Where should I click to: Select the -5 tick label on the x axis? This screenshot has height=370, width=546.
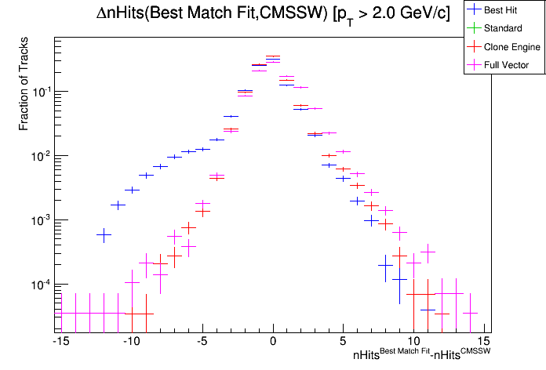tap(201, 341)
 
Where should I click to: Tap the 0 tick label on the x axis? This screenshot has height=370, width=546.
tap(273, 341)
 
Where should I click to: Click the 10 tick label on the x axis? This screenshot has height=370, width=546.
tap(413, 341)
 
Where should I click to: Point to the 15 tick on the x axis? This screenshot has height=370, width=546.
tap(484, 341)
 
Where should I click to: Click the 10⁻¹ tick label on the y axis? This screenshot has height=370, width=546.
tap(39, 91)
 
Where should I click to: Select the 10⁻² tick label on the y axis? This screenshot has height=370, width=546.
tap(39, 155)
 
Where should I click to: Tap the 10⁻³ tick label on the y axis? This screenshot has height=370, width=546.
tap(39, 219)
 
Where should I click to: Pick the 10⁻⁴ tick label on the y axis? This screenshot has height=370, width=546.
tap(39, 284)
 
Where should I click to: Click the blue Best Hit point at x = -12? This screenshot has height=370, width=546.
tap(104, 234)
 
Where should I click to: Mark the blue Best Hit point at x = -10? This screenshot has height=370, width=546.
tap(132, 190)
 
